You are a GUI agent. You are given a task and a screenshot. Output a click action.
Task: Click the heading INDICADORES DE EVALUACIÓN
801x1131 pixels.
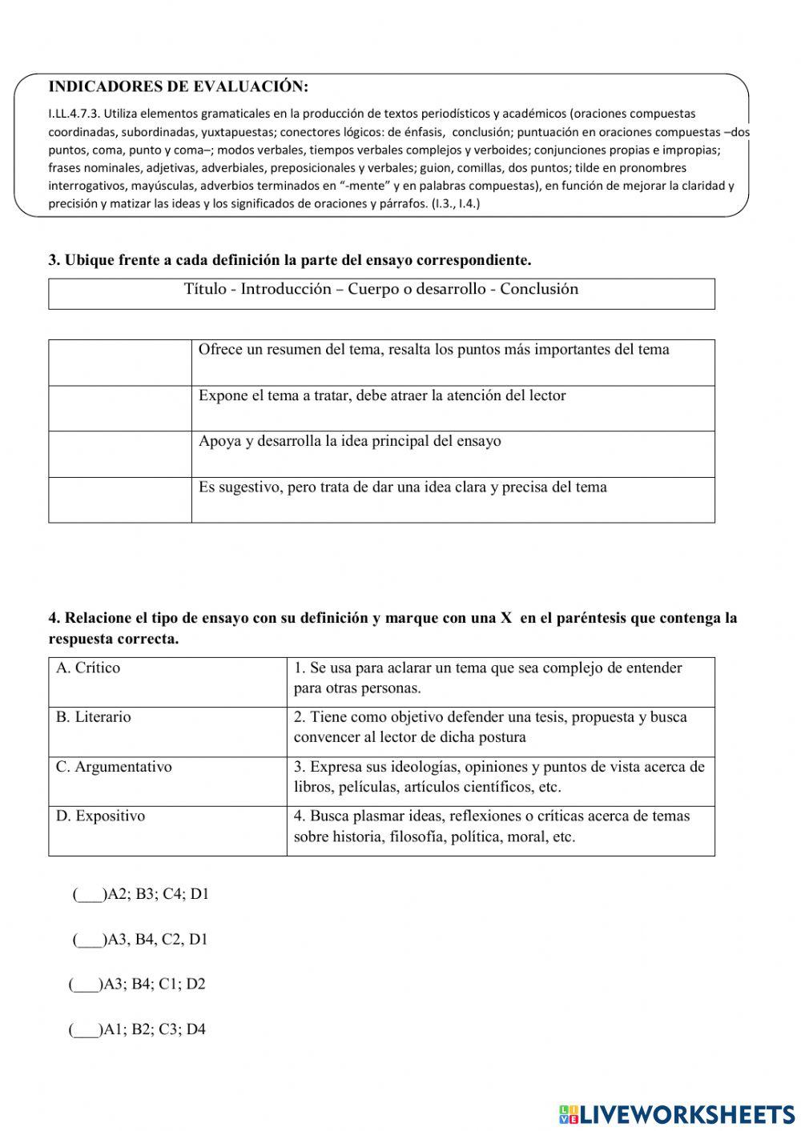178,86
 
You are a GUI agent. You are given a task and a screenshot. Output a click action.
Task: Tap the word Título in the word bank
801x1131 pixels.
205,290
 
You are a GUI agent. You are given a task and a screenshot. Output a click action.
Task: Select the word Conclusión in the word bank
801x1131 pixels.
538,290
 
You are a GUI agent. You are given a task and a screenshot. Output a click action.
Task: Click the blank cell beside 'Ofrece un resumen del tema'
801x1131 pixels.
120,363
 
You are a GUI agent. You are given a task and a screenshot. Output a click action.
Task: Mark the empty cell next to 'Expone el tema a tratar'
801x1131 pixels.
120,408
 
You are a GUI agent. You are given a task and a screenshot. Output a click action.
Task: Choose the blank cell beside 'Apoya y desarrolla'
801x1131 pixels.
120,454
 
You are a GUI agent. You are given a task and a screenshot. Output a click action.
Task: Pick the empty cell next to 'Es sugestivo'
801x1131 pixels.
120,499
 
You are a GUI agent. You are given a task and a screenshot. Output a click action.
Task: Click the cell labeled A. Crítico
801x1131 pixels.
88,668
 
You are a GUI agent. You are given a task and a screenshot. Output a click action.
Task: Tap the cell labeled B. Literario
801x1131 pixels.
93,717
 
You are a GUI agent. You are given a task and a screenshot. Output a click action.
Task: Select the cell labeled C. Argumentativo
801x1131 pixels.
114,767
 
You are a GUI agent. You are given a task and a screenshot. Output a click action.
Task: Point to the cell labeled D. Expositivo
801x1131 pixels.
100,816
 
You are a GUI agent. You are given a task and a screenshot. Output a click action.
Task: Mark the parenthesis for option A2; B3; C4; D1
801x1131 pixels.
88,895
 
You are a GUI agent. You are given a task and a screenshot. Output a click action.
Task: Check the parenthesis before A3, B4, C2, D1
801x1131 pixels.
88,940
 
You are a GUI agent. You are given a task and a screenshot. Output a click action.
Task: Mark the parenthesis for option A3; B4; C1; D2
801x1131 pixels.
84,985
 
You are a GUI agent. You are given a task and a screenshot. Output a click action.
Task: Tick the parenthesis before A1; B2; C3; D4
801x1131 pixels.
84,1030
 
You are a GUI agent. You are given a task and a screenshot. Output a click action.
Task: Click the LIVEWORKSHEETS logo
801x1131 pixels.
677,1113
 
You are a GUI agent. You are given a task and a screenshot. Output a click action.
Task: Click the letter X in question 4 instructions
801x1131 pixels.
505,619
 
